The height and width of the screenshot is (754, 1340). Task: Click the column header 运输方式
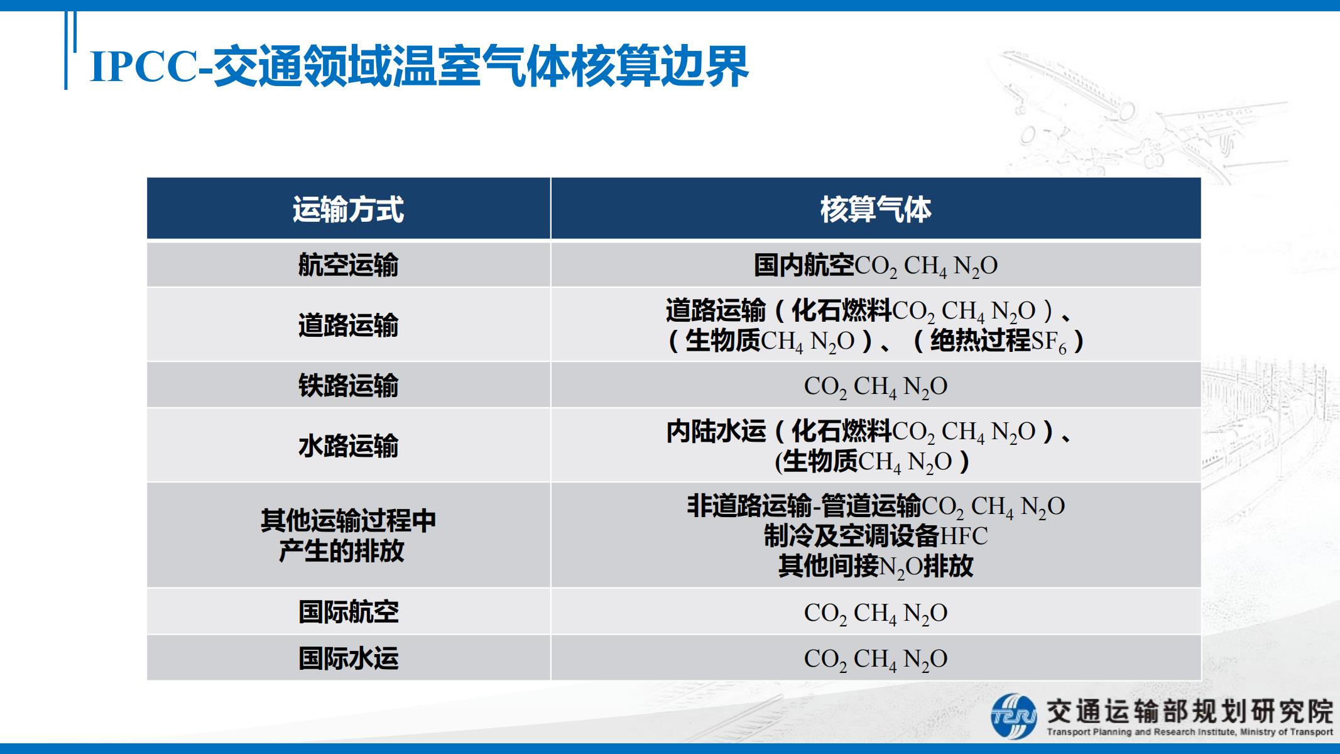(x=348, y=209)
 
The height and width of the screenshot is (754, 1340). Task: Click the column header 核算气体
(x=876, y=209)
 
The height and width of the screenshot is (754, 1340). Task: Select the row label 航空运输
(x=348, y=265)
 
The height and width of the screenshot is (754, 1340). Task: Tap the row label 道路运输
(x=348, y=325)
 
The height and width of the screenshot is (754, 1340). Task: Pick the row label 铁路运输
(x=348, y=386)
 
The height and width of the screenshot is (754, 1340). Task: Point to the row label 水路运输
(x=348, y=446)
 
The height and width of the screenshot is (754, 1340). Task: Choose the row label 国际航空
(x=348, y=612)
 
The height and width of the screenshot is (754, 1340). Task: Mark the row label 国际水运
(x=348, y=658)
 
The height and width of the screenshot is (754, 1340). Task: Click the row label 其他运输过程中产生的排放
(x=348, y=536)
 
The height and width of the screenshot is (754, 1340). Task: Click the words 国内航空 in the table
(x=804, y=265)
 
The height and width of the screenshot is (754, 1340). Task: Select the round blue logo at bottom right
(x=1014, y=716)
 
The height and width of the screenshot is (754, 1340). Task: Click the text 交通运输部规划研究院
(x=1189, y=711)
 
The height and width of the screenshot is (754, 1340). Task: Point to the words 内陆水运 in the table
(x=716, y=431)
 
